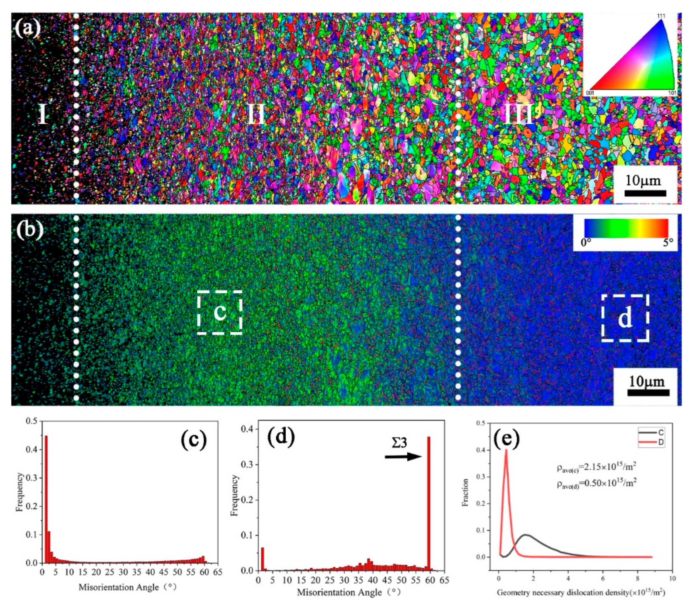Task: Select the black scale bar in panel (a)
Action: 645,193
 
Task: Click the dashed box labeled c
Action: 220,312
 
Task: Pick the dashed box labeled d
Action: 625,318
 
